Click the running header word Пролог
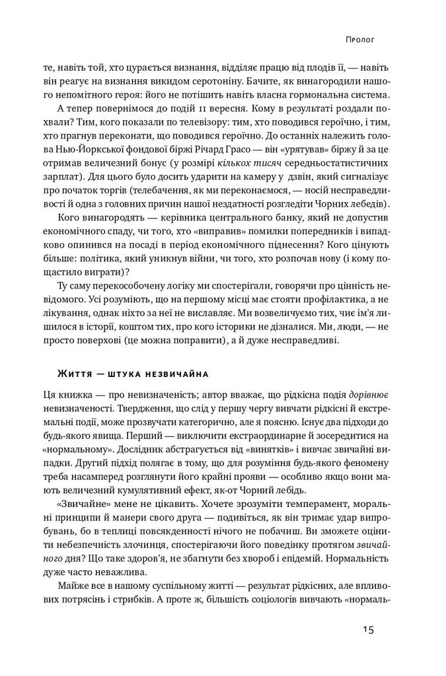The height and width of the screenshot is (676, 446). click(360, 39)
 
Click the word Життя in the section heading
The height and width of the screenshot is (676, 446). click(72, 374)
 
